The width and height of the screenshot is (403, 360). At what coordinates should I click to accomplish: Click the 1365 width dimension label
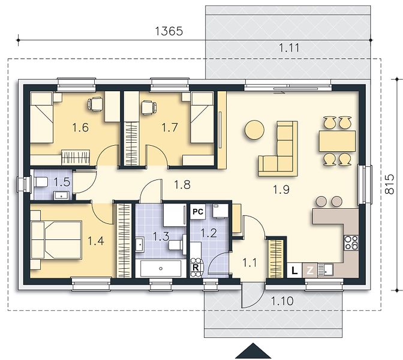169,31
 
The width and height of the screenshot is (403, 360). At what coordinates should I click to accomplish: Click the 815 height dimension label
390,184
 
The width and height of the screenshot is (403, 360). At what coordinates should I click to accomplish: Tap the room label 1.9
281,190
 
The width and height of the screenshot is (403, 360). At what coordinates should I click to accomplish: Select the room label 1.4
96,241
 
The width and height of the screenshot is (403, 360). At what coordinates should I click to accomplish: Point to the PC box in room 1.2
198,212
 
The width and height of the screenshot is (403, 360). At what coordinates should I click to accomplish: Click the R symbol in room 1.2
196,268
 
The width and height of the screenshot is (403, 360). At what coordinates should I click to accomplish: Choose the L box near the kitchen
294,270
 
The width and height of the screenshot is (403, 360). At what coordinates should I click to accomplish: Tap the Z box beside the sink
310,270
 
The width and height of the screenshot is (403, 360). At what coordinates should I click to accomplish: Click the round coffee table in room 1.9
254,130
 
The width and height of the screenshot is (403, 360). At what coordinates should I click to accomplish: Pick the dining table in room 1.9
337,141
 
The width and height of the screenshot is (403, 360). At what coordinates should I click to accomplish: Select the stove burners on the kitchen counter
351,242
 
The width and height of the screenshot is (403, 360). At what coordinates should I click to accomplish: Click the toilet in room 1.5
41,182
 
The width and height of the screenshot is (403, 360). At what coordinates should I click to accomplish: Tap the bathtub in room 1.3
161,268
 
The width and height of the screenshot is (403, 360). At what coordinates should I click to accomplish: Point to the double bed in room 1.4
56,239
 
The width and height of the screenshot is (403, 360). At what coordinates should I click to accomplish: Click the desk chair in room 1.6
96,104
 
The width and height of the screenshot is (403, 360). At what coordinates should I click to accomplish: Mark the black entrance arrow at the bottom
253,351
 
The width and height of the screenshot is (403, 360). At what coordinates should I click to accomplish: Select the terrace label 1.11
289,48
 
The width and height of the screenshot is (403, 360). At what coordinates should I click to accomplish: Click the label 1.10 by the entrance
282,301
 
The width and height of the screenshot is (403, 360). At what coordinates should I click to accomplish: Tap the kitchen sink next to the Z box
326,270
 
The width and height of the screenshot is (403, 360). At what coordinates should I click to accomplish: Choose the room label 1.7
170,127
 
